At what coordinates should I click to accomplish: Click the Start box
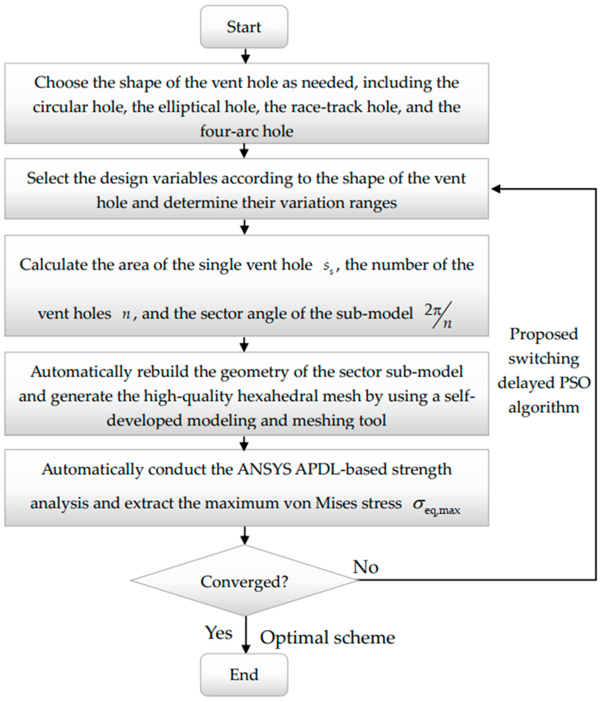(244, 27)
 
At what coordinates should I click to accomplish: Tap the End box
(244, 674)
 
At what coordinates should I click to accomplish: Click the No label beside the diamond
(365, 566)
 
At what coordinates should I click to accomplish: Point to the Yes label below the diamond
(219, 633)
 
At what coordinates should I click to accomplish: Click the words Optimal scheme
(327, 637)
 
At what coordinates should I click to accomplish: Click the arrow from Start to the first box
(245, 56)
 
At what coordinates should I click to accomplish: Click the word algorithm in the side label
(543, 407)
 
